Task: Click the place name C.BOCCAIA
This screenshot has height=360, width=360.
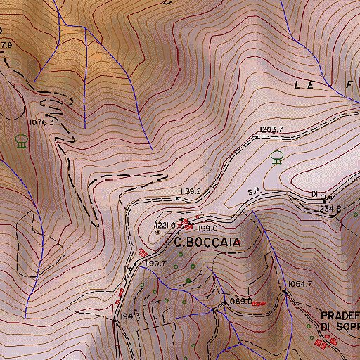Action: pos(207,242)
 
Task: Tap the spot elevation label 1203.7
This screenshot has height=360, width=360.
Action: pos(271,130)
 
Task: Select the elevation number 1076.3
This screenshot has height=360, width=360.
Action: pos(42,122)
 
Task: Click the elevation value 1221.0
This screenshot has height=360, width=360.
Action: pos(165,225)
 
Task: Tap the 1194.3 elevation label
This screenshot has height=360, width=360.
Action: pos(133,317)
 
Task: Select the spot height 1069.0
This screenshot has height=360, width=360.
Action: pos(240,301)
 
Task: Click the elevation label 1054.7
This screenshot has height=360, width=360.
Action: pos(300,284)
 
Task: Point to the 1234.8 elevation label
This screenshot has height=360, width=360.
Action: pos(328,209)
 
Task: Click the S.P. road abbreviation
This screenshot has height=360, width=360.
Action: pos(254,191)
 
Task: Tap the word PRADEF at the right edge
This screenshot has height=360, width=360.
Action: pos(340,316)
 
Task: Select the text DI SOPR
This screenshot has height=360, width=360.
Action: pos(340,327)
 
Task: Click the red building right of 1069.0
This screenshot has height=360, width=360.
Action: pos(259,303)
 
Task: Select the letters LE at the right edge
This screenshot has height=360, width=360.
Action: pos(304,84)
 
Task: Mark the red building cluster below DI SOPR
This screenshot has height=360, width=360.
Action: pos(326,342)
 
